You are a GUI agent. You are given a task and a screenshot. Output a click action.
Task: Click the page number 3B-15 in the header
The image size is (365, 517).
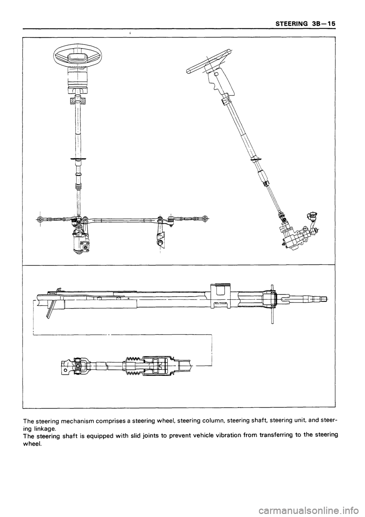323,24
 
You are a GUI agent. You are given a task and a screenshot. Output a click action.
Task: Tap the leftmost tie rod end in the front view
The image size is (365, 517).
41,219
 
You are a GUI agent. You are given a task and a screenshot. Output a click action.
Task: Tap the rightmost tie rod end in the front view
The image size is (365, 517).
205,219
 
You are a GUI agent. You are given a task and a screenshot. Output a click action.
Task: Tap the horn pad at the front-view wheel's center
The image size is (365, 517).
77,57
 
